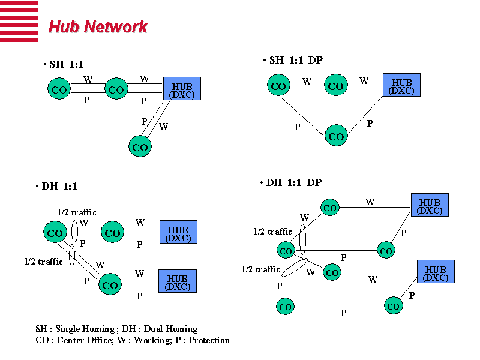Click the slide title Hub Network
coord(97,27)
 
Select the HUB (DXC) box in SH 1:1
coord(182,88)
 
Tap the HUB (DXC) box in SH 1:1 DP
coord(401,85)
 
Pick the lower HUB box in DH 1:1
coord(178,281)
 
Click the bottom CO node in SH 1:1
coord(140,147)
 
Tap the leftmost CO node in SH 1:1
coord(59,90)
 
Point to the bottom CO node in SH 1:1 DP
coord(336,136)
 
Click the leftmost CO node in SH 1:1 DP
coord(278,86)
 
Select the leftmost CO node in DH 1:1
coord(55,233)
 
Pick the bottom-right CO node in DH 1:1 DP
coord(394,306)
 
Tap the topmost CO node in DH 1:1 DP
coord(330,208)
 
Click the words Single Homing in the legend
coord(87,329)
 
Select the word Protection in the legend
coord(209,340)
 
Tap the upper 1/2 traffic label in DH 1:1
coord(77,212)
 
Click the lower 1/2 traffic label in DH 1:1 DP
coord(260,269)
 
